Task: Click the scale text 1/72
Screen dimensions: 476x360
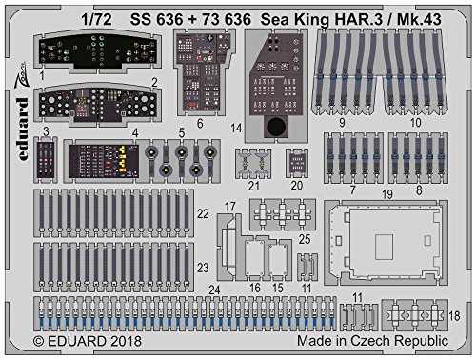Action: (x=96, y=20)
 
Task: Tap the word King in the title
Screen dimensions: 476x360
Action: (x=312, y=20)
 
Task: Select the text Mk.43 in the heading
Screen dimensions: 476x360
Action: (x=419, y=20)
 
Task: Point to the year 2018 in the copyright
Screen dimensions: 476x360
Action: (x=126, y=341)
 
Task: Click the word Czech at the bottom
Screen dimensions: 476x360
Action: (x=370, y=341)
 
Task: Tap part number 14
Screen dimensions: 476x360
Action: (x=236, y=129)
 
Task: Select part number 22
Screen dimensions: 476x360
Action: (x=203, y=213)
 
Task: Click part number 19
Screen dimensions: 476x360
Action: (x=387, y=194)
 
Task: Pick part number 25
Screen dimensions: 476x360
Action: (x=304, y=239)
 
